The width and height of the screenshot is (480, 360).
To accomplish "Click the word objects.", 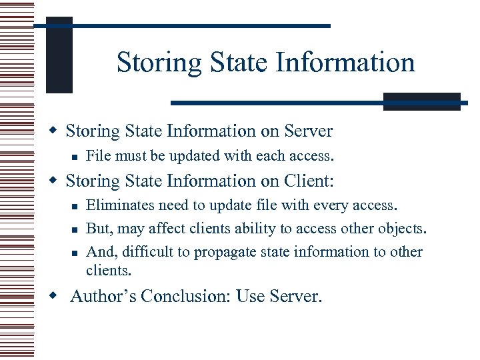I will (x=403, y=229).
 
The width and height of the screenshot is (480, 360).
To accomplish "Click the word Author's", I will (x=102, y=296).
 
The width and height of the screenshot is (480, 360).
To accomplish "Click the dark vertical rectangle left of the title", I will (x=59, y=54).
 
